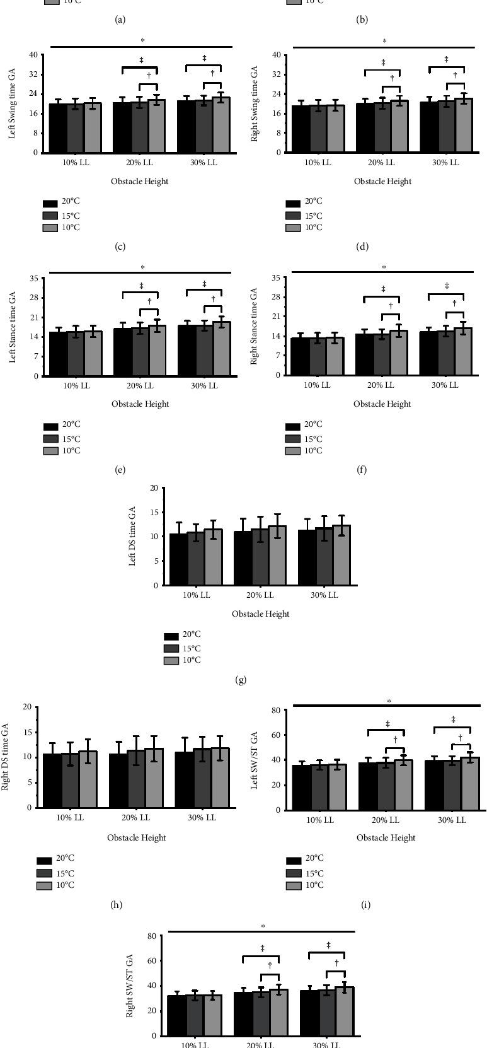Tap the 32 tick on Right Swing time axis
point(275,74)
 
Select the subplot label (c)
point(120,247)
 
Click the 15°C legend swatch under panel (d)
point(293,216)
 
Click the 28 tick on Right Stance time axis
point(275,297)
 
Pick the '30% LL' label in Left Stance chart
point(204,386)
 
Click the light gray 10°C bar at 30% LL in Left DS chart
point(341,555)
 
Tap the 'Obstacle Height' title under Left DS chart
point(260,614)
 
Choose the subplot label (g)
point(239,680)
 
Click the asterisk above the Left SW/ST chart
point(389,701)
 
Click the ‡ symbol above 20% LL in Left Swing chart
point(141,60)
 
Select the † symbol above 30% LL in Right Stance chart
point(454,304)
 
